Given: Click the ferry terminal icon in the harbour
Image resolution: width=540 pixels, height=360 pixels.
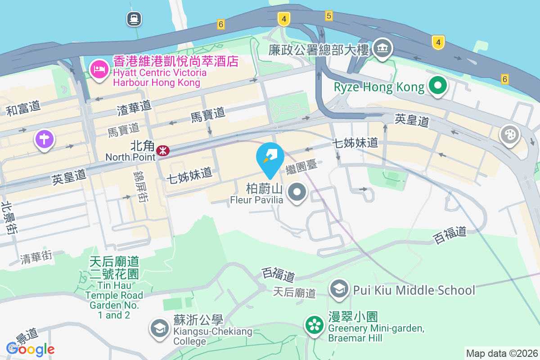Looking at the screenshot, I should pyautogui.click(x=134, y=18).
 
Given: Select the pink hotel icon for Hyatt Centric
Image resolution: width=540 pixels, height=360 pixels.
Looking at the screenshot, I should pyautogui.click(x=99, y=69).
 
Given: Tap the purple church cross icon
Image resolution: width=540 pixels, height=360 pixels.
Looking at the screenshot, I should pyautogui.click(x=45, y=139).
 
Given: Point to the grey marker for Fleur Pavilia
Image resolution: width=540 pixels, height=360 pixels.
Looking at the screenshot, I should pyautogui.click(x=297, y=193).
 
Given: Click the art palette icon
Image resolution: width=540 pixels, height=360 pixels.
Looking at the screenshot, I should pyautogui.click(x=510, y=135).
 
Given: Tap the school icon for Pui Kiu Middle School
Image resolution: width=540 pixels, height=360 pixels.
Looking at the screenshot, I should pyautogui.click(x=340, y=289).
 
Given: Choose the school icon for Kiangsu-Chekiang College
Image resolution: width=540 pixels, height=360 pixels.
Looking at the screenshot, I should pyautogui.click(x=159, y=328).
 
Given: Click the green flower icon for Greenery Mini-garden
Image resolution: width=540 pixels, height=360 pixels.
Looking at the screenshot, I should pyautogui.click(x=315, y=325).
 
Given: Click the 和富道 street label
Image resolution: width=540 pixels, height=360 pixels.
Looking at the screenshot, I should pyautogui.click(x=23, y=108).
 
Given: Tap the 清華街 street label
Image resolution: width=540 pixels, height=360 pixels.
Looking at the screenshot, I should pyautogui.click(x=36, y=257).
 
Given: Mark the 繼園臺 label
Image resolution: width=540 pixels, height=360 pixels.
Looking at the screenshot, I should pyautogui.click(x=301, y=167).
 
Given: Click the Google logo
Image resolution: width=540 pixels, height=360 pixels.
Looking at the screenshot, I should pyautogui.click(x=31, y=349).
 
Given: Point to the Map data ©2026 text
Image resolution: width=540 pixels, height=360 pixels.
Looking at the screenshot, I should pyautogui.click(x=502, y=354).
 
